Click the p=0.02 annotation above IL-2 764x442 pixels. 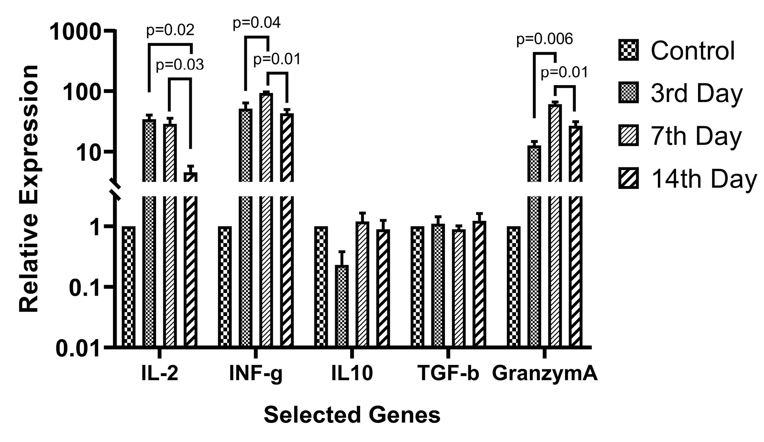[x=170, y=30]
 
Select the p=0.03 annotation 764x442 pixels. [x=180, y=65]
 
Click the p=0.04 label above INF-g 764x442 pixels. [x=256, y=23]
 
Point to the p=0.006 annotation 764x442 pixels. [x=544, y=39]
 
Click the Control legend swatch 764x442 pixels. [x=628, y=50]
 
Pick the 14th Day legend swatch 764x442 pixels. [x=628, y=178]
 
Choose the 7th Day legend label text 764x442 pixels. [x=696, y=136]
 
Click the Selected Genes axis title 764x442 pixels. [x=352, y=415]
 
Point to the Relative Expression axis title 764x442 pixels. [x=29, y=188]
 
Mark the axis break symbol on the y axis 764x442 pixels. [x=115, y=189]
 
